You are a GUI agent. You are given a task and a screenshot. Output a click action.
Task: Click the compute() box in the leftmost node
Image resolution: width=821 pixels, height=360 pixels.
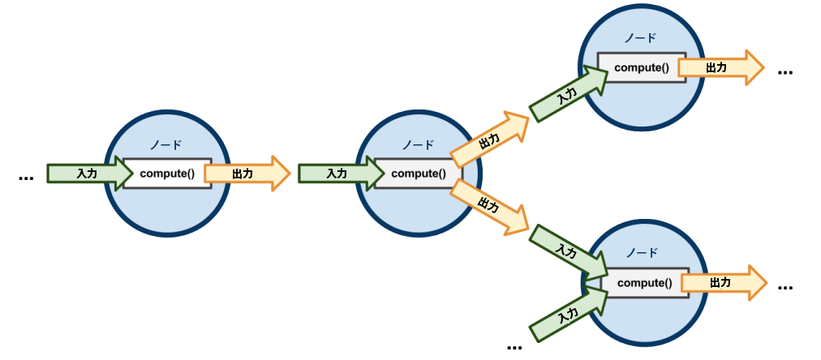pyautogui.click(x=167, y=174)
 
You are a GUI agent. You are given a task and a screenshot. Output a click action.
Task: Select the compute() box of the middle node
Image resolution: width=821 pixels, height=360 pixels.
pyautogui.click(x=418, y=173)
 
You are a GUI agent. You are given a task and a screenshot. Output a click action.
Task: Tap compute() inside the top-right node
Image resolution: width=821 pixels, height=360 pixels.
pyautogui.click(x=641, y=67)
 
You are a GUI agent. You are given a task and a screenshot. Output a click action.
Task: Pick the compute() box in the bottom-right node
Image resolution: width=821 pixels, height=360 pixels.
pyautogui.click(x=644, y=283)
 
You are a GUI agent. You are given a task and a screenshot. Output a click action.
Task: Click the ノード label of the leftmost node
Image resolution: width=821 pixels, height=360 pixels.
pyautogui.click(x=165, y=144)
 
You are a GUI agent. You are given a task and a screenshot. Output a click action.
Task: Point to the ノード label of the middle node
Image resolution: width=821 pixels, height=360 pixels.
pyautogui.click(x=418, y=144)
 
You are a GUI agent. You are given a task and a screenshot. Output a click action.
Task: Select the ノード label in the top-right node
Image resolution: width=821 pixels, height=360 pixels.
pyautogui.click(x=640, y=38)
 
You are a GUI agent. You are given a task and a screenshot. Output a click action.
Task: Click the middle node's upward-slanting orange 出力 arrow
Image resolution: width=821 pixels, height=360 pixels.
pyautogui.click(x=490, y=139)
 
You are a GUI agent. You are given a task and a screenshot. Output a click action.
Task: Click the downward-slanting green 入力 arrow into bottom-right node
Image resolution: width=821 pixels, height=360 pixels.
pyautogui.click(x=569, y=251)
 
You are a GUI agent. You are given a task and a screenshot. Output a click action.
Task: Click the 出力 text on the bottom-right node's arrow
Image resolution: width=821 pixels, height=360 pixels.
pyautogui.click(x=719, y=283)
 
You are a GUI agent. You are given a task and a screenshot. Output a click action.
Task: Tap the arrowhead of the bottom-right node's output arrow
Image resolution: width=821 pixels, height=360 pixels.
pyautogui.click(x=755, y=283)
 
